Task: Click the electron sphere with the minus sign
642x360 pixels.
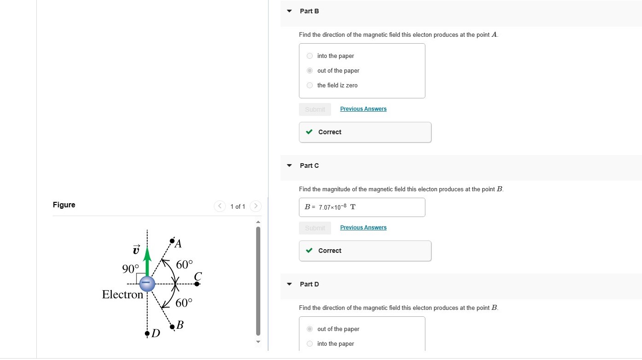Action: point(147,284)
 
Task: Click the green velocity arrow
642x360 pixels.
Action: point(147,261)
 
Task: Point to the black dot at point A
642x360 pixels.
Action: point(172,240)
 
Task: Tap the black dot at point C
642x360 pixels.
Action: point(197,284)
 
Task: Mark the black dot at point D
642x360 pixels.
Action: point(147,333)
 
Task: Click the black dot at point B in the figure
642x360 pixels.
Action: point(172,327)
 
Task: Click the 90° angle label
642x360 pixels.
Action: point(130,269)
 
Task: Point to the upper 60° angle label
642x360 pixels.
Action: point(184,264)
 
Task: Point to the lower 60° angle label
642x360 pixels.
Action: point(184,303)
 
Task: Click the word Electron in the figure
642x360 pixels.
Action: point(122,295)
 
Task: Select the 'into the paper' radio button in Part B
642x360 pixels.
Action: point(310,56)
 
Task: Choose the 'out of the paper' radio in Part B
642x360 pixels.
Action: point(310,71)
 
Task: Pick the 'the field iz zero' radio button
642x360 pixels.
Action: point(310,86)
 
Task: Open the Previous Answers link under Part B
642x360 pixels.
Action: point(363,109)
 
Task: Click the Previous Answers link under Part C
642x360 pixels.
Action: point(363,228)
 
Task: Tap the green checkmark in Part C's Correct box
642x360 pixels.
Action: point(310,251)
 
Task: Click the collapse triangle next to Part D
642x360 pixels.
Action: point(289,284)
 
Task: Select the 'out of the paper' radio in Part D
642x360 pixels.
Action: point(310,329)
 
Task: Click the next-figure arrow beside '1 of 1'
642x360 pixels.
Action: point(256,206)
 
